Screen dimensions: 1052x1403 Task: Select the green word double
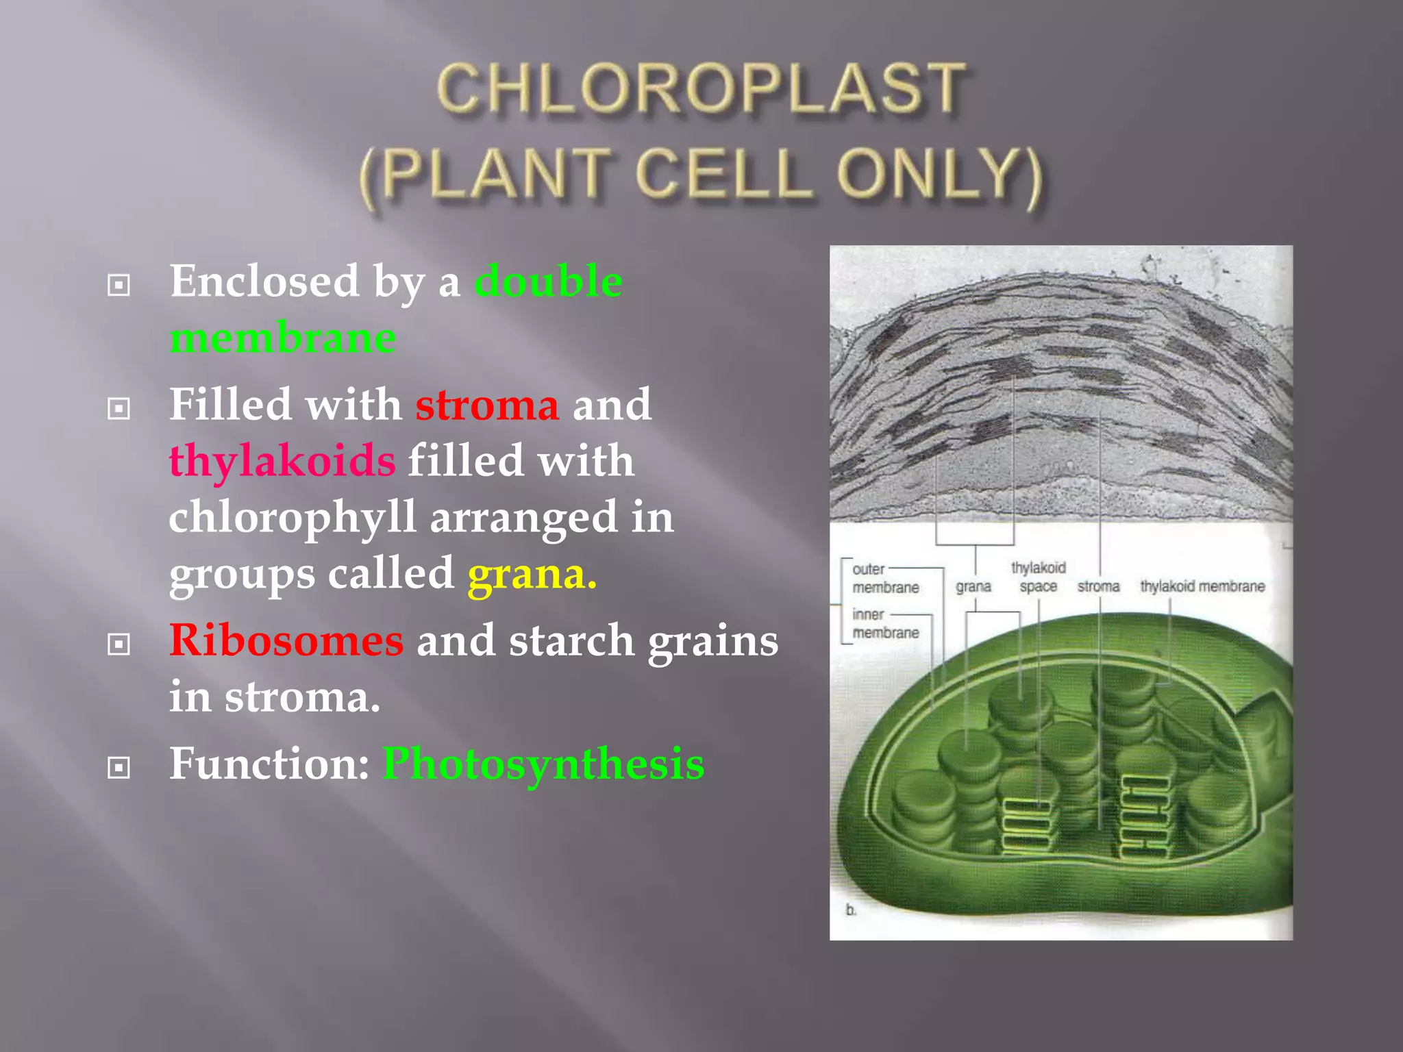pos(548,281)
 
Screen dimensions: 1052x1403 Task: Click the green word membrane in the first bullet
pos(282,338)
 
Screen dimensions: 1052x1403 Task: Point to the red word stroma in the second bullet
pos(487,405)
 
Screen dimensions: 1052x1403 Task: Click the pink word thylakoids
pos(282,460)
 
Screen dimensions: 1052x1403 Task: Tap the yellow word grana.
pos(532,574)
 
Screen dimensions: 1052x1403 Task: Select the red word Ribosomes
pos(286,641)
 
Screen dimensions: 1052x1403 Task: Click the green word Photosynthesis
pos(543,764)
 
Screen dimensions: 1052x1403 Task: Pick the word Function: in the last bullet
pos(269,764)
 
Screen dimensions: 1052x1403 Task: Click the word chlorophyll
pos(293,517)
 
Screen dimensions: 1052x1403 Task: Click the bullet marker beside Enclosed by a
pos(119,285)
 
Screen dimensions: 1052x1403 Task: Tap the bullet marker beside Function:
pos(119,768)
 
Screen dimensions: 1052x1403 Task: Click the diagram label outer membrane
pos(884,578)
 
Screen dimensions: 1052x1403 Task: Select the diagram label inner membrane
pos(884,623)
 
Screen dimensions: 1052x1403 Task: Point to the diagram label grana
pos(973,586)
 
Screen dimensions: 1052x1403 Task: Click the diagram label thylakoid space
pos(1038,577)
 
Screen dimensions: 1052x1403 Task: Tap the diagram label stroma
pos(1097,586)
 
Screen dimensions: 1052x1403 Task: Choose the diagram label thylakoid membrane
pos(1202,586)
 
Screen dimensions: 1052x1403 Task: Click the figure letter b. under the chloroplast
pos(851,910)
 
